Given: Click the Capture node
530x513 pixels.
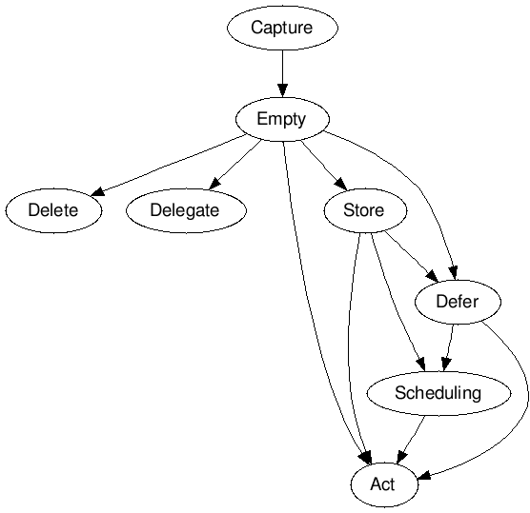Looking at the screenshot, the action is click(282, 28).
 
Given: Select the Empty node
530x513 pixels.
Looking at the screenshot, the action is click(282, 119).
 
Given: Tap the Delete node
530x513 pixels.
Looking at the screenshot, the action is click(53, 210).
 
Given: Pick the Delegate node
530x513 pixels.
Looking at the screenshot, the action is click(186, 210).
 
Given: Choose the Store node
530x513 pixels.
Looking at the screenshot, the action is click(365, 210).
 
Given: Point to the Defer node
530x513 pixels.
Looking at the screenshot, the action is click(458, 302).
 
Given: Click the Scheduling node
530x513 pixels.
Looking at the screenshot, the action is click(438, 393).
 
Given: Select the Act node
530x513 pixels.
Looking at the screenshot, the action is click(384, 484).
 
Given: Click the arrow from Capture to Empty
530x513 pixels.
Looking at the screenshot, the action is click(282, 73).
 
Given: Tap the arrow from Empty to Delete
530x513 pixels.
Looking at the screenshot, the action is click(169, 165).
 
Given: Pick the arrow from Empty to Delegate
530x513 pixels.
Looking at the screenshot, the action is click(235, 165).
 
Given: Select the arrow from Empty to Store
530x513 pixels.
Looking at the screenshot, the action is click(324, 165).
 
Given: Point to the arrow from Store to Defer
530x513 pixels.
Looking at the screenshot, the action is click(412, 257).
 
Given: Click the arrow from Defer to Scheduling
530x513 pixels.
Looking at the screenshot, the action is click(449, 347).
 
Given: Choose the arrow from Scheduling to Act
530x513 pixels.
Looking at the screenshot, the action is click(411, 439).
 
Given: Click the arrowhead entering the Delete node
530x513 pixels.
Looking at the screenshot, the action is click(97, 192).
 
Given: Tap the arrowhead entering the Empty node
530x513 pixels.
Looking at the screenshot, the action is click(282, 90).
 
